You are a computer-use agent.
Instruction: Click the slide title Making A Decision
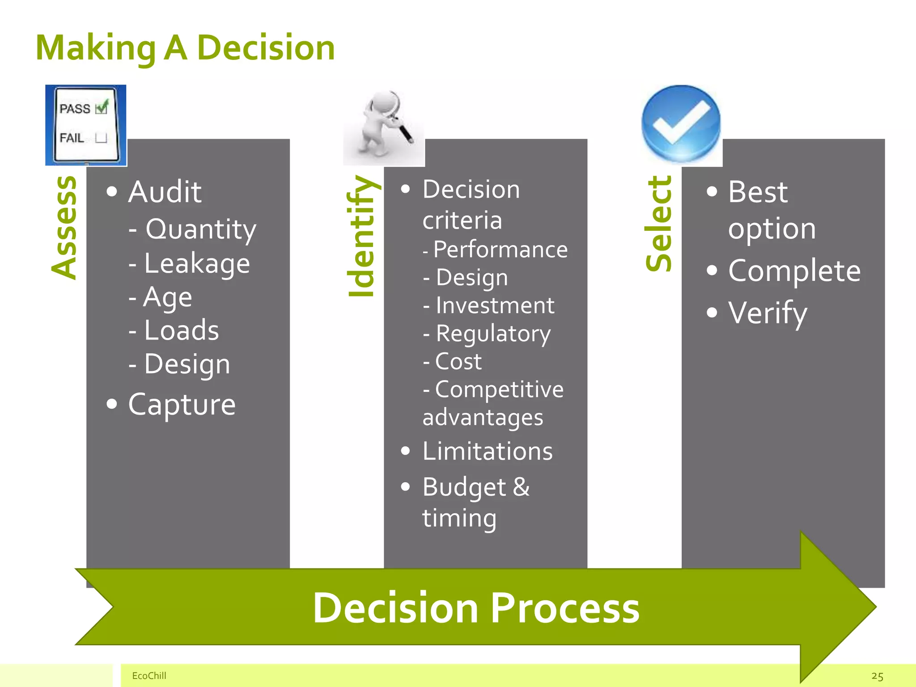pos(185,48)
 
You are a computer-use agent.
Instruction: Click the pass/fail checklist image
pos(85,125)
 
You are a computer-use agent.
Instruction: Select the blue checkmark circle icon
pos(681,123)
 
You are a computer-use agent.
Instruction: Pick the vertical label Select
pos(659,224)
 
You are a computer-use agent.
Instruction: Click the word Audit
pos(165,192)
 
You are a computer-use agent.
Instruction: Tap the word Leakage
pos(197,263)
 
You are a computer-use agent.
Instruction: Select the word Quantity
pos(201,229)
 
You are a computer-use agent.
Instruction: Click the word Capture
pos(182,405)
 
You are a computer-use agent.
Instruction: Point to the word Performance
pos(500,250)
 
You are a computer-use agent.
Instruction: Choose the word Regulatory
pos(493,334)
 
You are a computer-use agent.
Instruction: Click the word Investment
pos(495,306)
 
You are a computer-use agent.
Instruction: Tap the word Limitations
pos(488,451)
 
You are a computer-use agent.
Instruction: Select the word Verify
pos(768,313)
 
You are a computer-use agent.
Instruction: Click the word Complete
pos(794,271)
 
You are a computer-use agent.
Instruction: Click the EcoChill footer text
pos(149,675)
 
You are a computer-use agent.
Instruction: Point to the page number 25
pos(877,676)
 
